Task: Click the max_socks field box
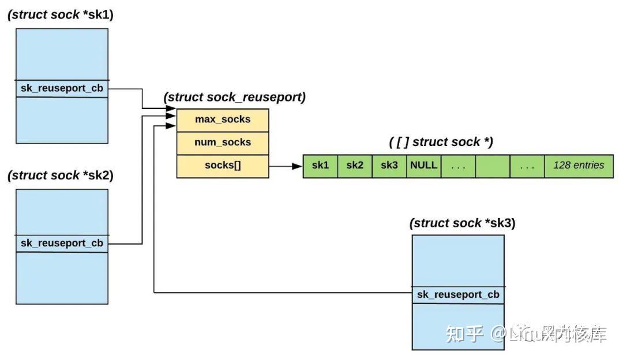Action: click(x=223, y=119)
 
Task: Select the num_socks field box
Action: click(x=223, y=142)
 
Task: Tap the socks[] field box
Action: click(x=223, y=166)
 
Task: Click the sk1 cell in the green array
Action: click(x=320, y=166)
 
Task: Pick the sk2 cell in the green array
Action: click(x=355, y=166)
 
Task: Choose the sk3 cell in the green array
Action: click(x=389, y=166)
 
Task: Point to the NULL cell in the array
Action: click(x=423, y=166)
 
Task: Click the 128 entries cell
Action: click(x=579, y=166)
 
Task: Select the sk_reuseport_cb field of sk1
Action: click(x=62, y=89)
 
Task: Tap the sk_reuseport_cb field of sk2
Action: click(x=62, y=243)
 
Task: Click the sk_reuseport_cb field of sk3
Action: click(x=458, y=295)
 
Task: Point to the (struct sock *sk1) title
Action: click(x=61, y=15)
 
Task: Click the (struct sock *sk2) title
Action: click(x=61, y=175)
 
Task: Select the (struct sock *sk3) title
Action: click(x=462, y=223)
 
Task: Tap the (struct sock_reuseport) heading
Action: click(x=234, y=97)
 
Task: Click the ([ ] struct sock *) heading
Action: click(x=441, y=142)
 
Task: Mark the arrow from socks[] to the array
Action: click(x=286, y=166)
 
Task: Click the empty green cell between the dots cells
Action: click(x=493, y=166)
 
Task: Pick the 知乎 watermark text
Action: click(x=464, y=334)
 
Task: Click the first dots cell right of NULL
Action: click(x=458, y=166)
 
